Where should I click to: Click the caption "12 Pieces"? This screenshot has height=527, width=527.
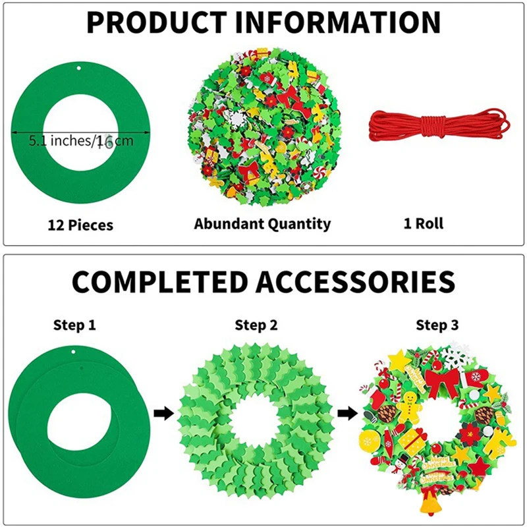pyautogui.click(x=80, y=225)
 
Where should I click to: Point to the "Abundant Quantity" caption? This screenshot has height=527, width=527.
pyautogui.click(x=262, y=223)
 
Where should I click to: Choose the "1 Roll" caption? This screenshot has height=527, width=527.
pyautogui.click(x=424, y=223)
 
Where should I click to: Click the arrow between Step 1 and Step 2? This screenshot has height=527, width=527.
pyautogui.click(x=162, y=414)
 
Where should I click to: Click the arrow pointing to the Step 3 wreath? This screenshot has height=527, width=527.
pyautogui.click(x=345, y=414)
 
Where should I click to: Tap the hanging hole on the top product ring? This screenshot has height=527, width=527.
pyautogui.click(x=80, y=69)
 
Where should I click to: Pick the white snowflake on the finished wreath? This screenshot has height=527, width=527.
pyautogui.click(x=455, y=356)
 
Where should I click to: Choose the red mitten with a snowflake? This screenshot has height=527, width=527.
pyautogui.click(x=475, y=379)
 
